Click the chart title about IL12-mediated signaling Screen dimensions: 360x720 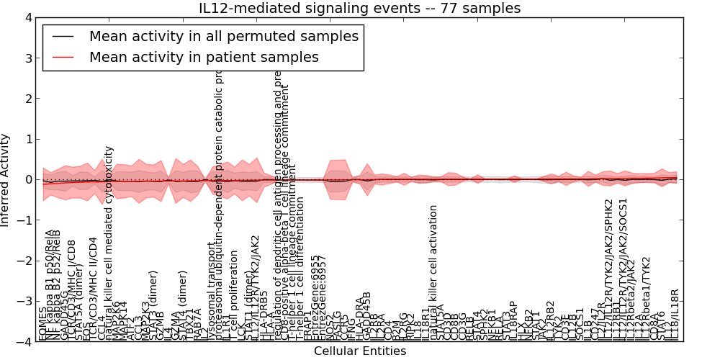coord(359,8)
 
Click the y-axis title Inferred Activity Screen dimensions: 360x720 coord(6,180)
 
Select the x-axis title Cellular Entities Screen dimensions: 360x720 coord(359,351)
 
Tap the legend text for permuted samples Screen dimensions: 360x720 coord(223,36)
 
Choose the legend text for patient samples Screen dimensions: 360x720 coord(204,57)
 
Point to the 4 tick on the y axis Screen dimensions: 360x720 coord(27,17)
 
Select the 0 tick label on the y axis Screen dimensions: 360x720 coord(27,180)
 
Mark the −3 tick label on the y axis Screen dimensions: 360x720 coord(24,302)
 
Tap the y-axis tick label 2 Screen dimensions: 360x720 coord(27,99)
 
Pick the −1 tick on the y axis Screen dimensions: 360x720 coord(24,220)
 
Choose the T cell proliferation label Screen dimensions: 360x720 coord(234,295)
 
